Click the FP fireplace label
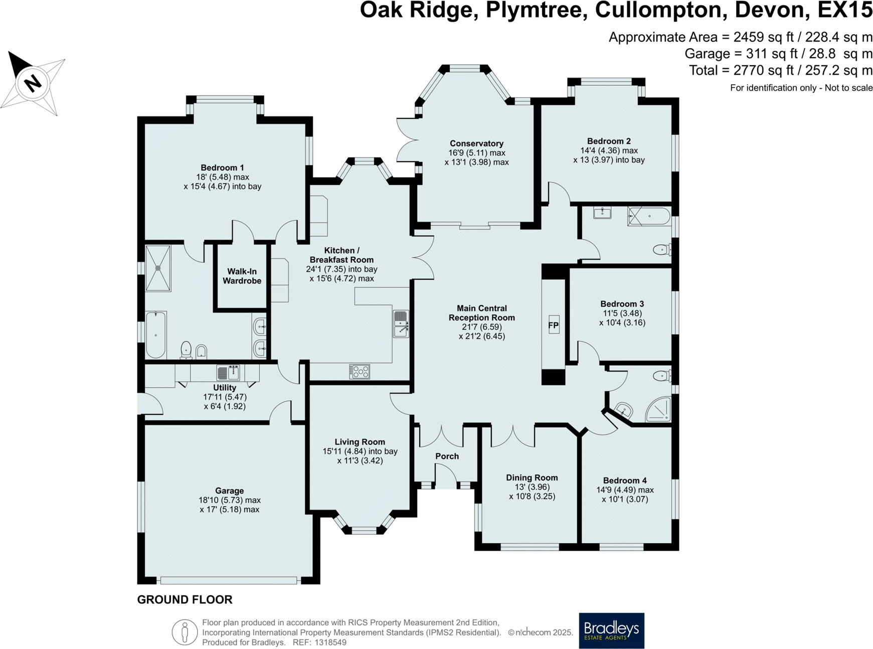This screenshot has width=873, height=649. pos(553,326)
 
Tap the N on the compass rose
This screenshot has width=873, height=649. pos(33,82)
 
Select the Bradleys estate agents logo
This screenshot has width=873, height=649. pos(611,630)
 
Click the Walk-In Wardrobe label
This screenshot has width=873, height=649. pos(242,276)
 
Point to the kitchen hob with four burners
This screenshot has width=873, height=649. pos(360,372)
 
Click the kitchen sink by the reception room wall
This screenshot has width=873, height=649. pos(401,323)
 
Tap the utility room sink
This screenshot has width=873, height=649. pos(228,373)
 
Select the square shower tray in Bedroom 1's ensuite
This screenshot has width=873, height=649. pos(158,268)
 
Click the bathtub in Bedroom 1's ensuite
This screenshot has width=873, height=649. pos(156,335)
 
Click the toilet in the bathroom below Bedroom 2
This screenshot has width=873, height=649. pos(662,249)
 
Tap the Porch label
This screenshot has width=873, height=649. pos(447,456)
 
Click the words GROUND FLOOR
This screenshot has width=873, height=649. pos(185,600)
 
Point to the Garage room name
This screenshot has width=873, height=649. pos(230,491)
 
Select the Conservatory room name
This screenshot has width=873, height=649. pos(476,143)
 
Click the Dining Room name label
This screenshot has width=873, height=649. pos(532,478)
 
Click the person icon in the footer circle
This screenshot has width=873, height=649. pos(185,631)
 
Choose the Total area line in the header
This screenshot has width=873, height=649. pos(780,71)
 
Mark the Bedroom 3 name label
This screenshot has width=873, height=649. pos(622,304)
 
